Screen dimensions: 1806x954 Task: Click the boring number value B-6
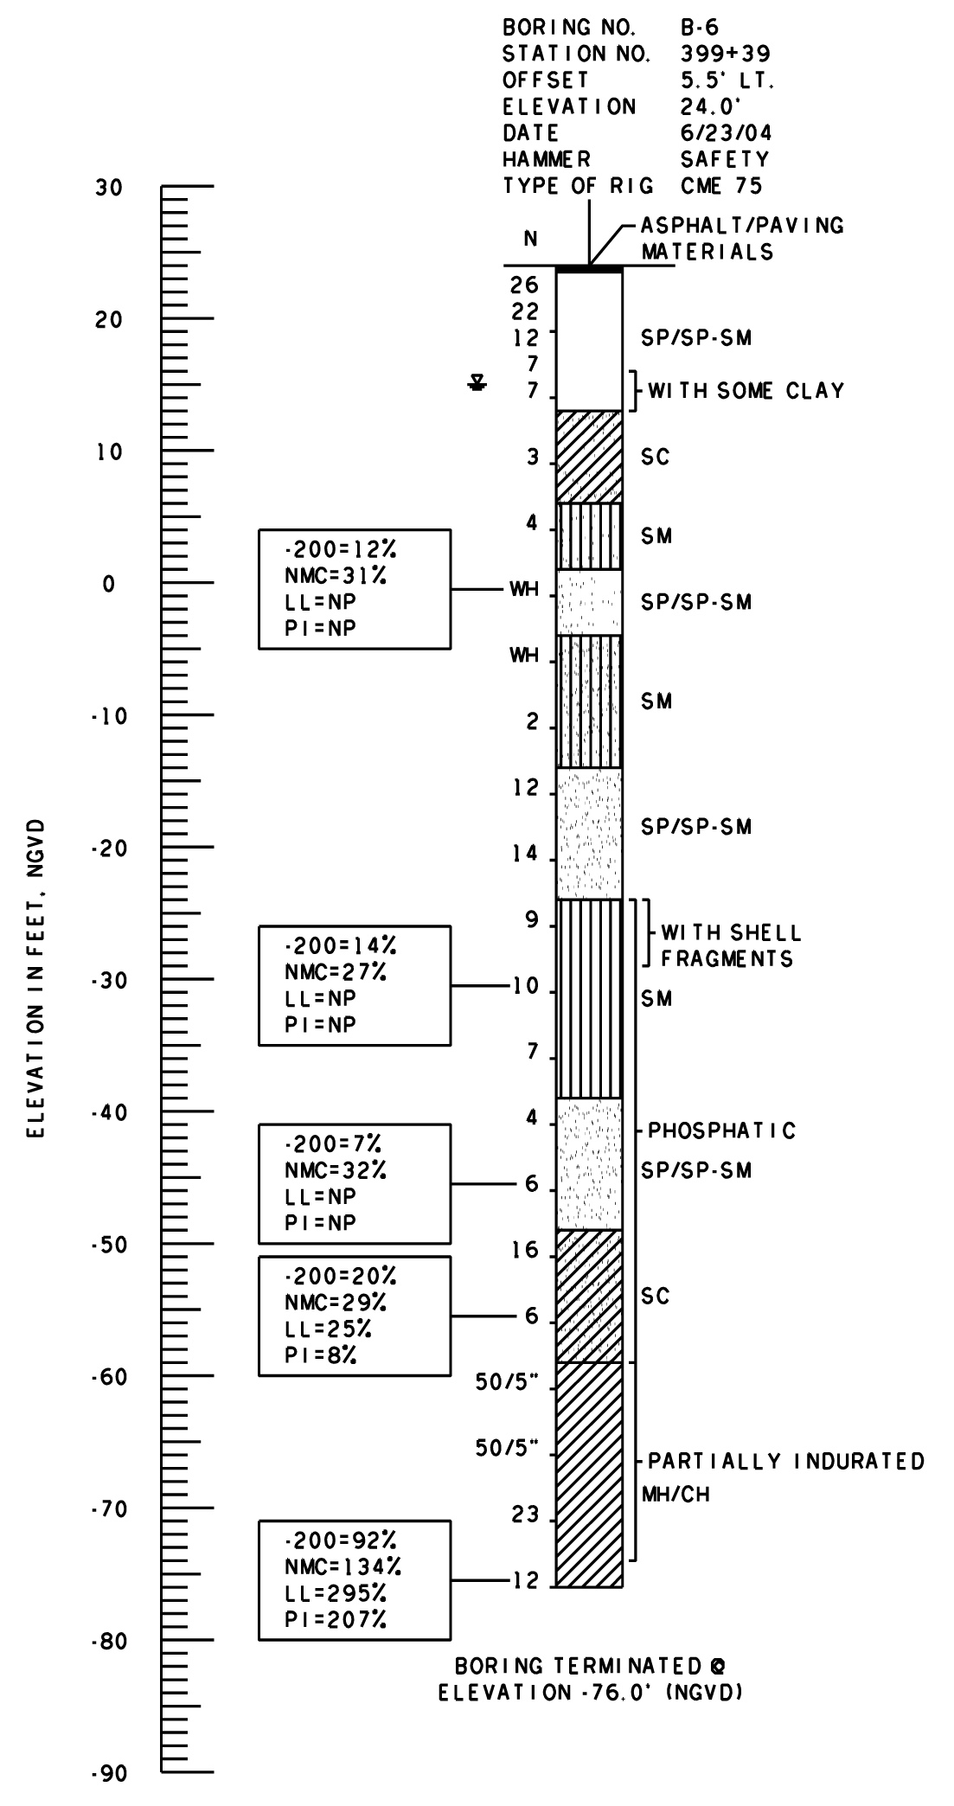(x=700, y=28)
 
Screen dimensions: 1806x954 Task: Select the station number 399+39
(x=725, y=54)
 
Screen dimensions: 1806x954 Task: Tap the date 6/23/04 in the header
(x=726, y=133)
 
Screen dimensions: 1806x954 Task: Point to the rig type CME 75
(x=721, y=186)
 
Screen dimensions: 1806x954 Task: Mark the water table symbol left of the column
(x=476, y=382)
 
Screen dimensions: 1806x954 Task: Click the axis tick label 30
(x=109, y=188)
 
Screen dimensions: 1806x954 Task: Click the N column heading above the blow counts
(x=530, y=240)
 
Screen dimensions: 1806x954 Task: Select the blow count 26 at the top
(x=524, y=285)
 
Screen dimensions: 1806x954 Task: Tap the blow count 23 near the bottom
(x=524, y=1515)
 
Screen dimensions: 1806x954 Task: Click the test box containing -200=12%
(x=355, y=589)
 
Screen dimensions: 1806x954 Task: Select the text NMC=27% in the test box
(x=336, y=971)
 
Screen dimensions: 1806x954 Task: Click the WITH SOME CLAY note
(x=746, y=392)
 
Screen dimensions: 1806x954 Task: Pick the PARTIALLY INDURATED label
(x=786, y=1462)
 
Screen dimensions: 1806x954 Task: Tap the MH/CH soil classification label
(x=675, y=1494)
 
